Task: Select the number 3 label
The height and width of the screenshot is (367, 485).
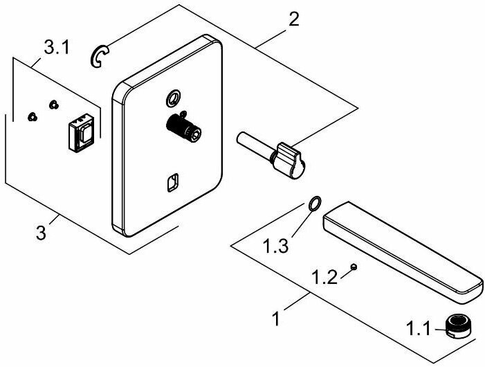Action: pyautogui.click(x=42, y=233)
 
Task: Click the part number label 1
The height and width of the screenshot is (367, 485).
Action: pyautogui.click(x=277, y=321)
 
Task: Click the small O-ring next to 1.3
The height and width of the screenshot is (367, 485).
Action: pyautogui.click(x=314, y=204)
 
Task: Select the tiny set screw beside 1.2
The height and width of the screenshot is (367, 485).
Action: pyautogui.click(x=354, y=266)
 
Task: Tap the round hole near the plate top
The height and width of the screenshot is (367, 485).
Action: pyautogui.click(x=172, y=99)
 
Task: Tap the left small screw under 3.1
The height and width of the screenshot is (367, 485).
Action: pyautogui.click(x=31, y=116)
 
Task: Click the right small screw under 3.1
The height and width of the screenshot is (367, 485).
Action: pyautogui.click(x=53, y=105)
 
